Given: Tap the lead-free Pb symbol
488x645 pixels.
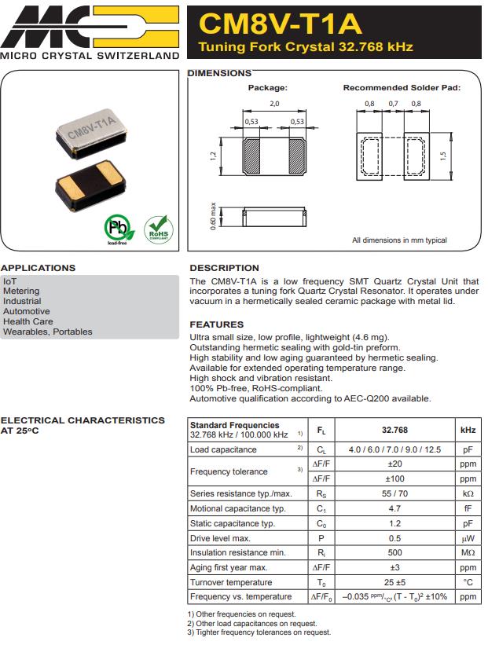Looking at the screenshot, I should click(x=116, y=229).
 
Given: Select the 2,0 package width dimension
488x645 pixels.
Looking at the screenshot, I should click(x=274, y=104).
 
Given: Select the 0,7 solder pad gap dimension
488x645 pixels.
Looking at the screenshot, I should click(x=393, y=104).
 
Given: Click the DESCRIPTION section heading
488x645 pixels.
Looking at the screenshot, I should click(x=224, y=268).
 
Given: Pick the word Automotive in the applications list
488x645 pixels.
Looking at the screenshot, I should click(x=26, y=311).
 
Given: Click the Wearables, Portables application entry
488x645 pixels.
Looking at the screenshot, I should click(x=47, y=332).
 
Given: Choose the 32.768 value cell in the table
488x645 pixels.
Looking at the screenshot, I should click(x=394, y=431).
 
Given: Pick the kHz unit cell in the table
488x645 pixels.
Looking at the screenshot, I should click(x=468, y=431).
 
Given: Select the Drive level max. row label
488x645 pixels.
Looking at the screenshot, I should click(x=220, y=538).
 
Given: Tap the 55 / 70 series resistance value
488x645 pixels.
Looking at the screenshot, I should click(x=394, y=494).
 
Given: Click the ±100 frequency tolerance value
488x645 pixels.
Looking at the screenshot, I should click(x=394, y=478).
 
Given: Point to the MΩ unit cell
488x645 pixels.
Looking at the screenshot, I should click(x=468, y=553).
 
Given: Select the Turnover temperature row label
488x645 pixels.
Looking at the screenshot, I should click(x=231, y=582).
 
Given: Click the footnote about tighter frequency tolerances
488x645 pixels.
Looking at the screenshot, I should click(x=259, y=632).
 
